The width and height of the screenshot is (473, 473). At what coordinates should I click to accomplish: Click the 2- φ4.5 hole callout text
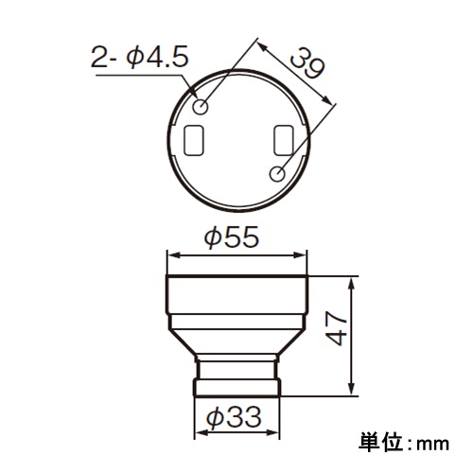click(141, 60)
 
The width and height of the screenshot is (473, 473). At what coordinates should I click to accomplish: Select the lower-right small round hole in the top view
click(277, 173)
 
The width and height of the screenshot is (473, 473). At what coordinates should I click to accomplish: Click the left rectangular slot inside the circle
click(197, 140)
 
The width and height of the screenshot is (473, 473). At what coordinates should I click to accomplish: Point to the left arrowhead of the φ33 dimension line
click(199, 431)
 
